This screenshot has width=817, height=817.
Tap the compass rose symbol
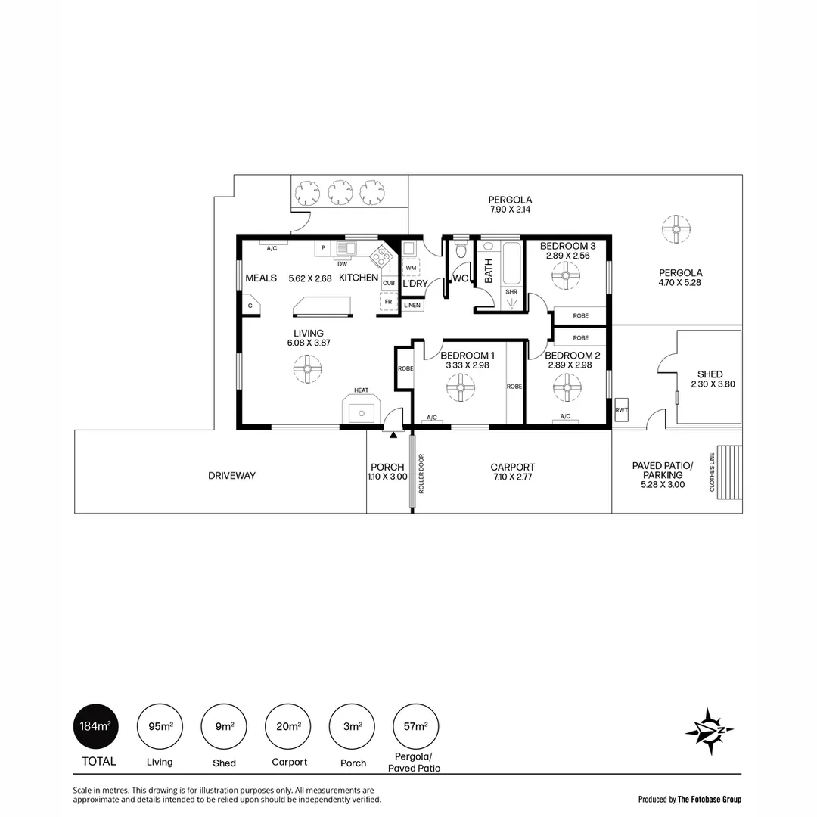pyautogui.click(x=710, y=730)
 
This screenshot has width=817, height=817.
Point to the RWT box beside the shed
pyautogui.click(x=622, y=409)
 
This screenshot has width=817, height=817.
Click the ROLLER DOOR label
pyautogui.click(x=421, y=474)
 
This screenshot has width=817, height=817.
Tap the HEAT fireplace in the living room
pyautogui.click(x=362, y=410)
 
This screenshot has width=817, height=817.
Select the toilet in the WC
pyautogui.click(x=461, y=251)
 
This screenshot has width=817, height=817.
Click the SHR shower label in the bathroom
pyautogui.click(x=511, y=292)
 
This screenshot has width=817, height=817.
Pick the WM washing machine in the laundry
pyautogui.click(x=411, y=268)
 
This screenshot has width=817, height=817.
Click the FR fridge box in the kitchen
pyautogui.click(x=388, y=301)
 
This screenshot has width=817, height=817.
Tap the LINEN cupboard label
pyautogui.click(x=412, y=305)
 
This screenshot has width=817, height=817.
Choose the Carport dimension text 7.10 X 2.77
pyautogui.click(x=513, y=477)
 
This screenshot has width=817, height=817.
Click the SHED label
pyautogui.click(x=710, y=374)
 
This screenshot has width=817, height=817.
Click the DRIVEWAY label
pyautogui.click(x=231, y=476)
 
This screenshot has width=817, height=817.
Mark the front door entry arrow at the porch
pyautogui.click(x=393, y=435)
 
